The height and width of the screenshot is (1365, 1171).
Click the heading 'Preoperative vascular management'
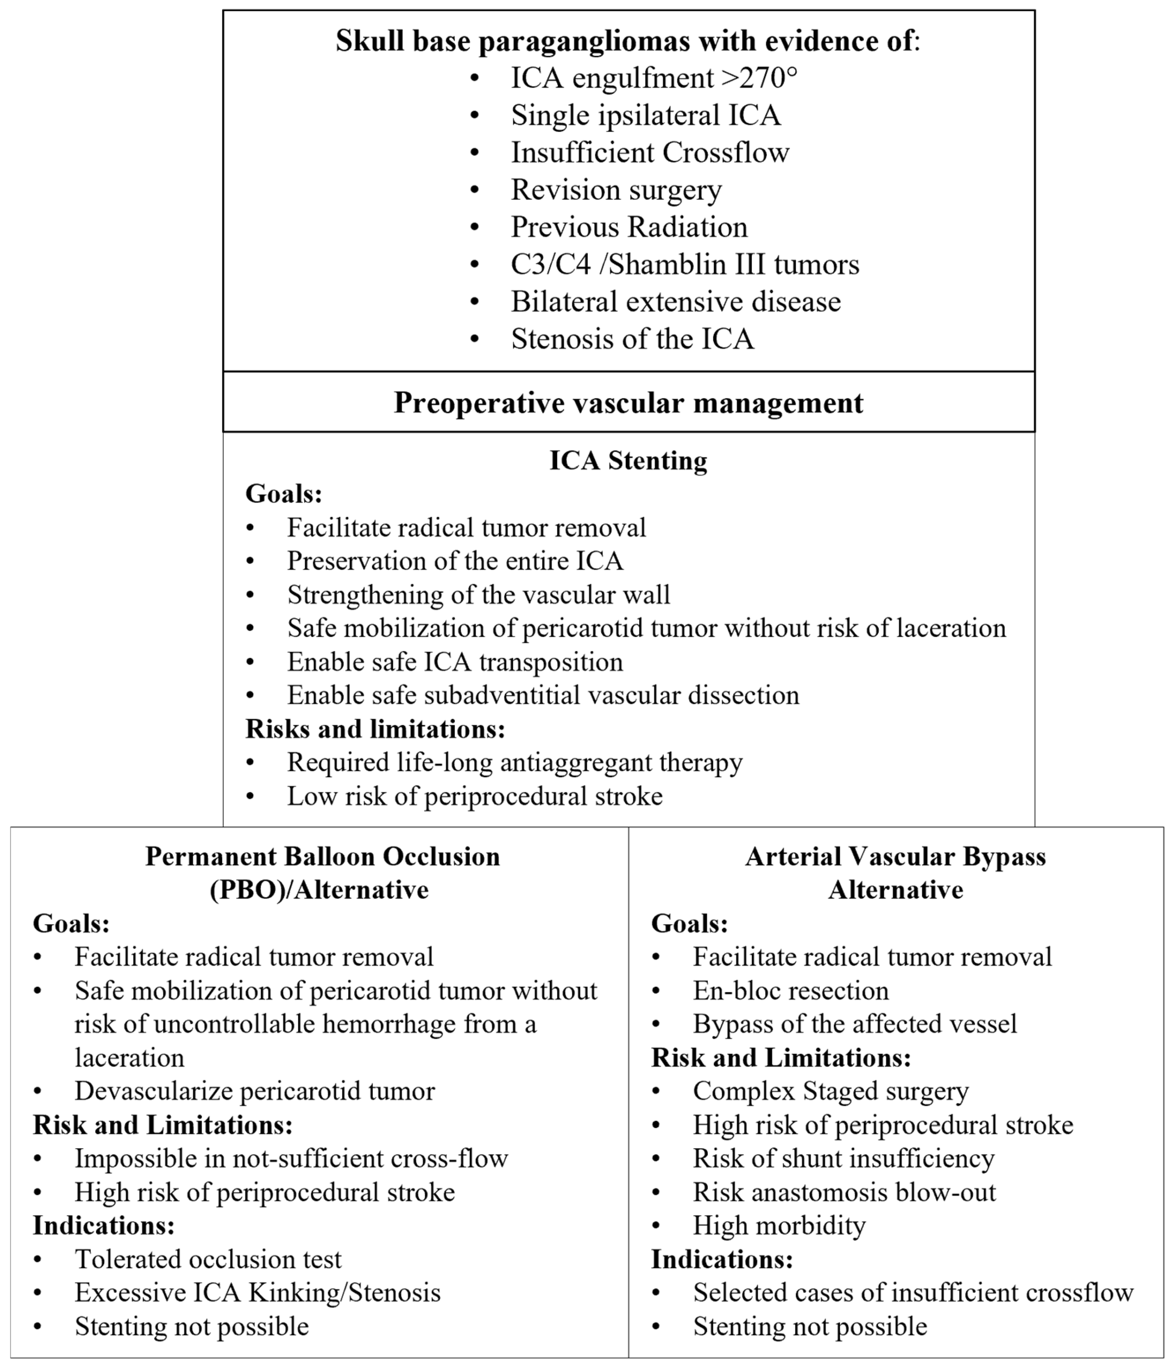point(628,403)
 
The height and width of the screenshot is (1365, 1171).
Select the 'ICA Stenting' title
point(628,461)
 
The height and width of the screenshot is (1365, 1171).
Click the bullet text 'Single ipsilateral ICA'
point(646,115)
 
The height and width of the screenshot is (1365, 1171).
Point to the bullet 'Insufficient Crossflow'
point(650,153)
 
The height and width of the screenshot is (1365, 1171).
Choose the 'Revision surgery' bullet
point(616,190)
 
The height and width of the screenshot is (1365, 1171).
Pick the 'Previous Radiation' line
point(629,227)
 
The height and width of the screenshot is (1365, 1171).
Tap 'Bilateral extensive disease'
point(676,302)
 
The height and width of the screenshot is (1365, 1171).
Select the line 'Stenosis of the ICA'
point(632,339)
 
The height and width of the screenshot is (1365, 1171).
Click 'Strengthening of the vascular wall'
point(478,595)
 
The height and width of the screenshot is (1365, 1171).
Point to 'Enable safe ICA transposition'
point(455,662)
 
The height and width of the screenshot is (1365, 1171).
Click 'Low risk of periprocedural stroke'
point(474,797)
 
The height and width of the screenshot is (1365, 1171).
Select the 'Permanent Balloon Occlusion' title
point(322,857)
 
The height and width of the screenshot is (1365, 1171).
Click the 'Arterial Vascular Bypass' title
point(895,857)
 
